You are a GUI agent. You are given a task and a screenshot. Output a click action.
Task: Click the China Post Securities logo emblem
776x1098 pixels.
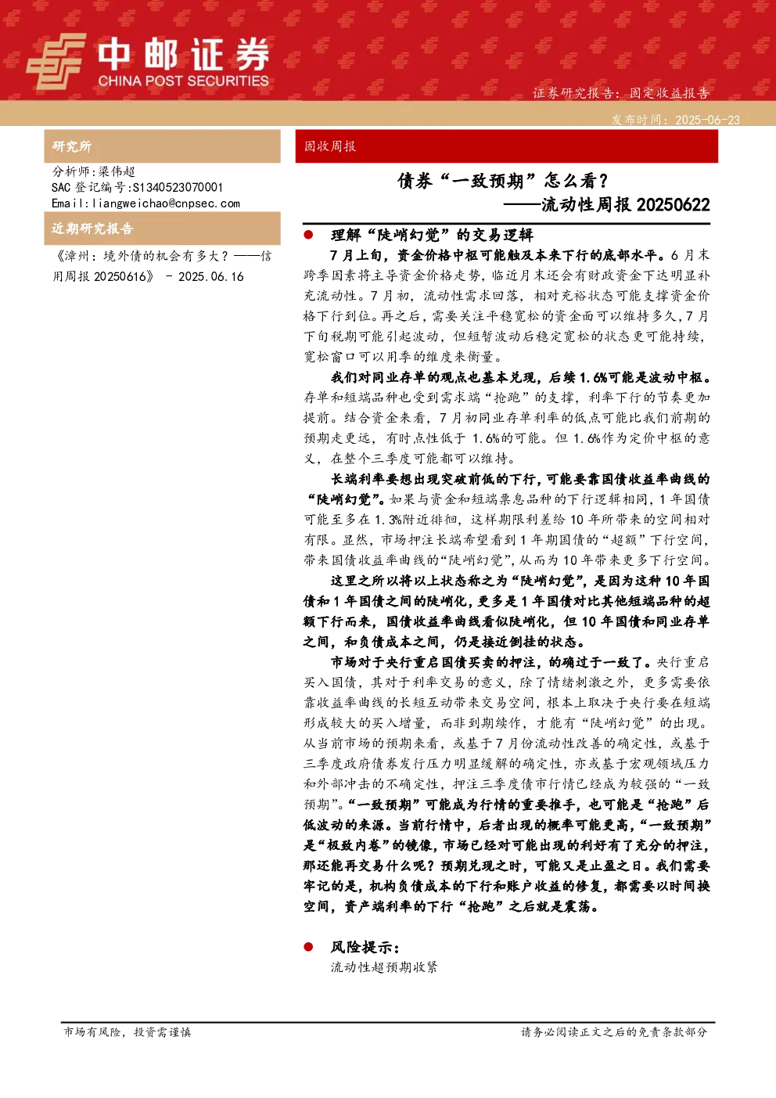(56, 61)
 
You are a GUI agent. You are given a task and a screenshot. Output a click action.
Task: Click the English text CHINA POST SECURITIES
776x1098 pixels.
(183, 81)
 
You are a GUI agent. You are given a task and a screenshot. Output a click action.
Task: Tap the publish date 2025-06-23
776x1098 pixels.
(707, 120)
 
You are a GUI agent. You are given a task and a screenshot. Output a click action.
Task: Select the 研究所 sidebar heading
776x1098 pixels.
(71, 146)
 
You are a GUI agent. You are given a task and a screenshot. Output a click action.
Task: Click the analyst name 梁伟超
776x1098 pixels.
(117, 171)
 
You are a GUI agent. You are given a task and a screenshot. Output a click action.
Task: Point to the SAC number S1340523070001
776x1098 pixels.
(178, 187)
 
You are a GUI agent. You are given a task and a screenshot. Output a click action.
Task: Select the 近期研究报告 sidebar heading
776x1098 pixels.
(92, 229)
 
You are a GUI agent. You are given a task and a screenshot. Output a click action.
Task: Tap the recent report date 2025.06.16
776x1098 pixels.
(211, 276)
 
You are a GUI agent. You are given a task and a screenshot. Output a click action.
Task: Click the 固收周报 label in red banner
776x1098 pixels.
(329, 146)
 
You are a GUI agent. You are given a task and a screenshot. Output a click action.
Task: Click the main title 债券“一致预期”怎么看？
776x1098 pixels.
(503, 181)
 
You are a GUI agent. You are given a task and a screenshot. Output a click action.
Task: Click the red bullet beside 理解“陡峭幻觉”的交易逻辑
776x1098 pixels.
(308, 235)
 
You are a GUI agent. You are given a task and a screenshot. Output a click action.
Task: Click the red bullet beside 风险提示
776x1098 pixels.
(308, 946)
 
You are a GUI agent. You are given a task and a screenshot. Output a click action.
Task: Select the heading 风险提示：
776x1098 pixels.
(365, 947)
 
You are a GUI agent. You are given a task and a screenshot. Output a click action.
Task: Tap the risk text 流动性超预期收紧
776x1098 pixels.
(383, 967)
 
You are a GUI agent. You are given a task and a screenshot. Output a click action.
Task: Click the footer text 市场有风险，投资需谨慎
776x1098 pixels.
(128, 1031)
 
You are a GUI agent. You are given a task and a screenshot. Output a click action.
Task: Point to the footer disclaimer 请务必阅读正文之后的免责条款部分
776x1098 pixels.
(614, 1031)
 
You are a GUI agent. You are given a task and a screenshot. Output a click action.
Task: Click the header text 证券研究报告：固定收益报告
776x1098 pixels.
(620, 93)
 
